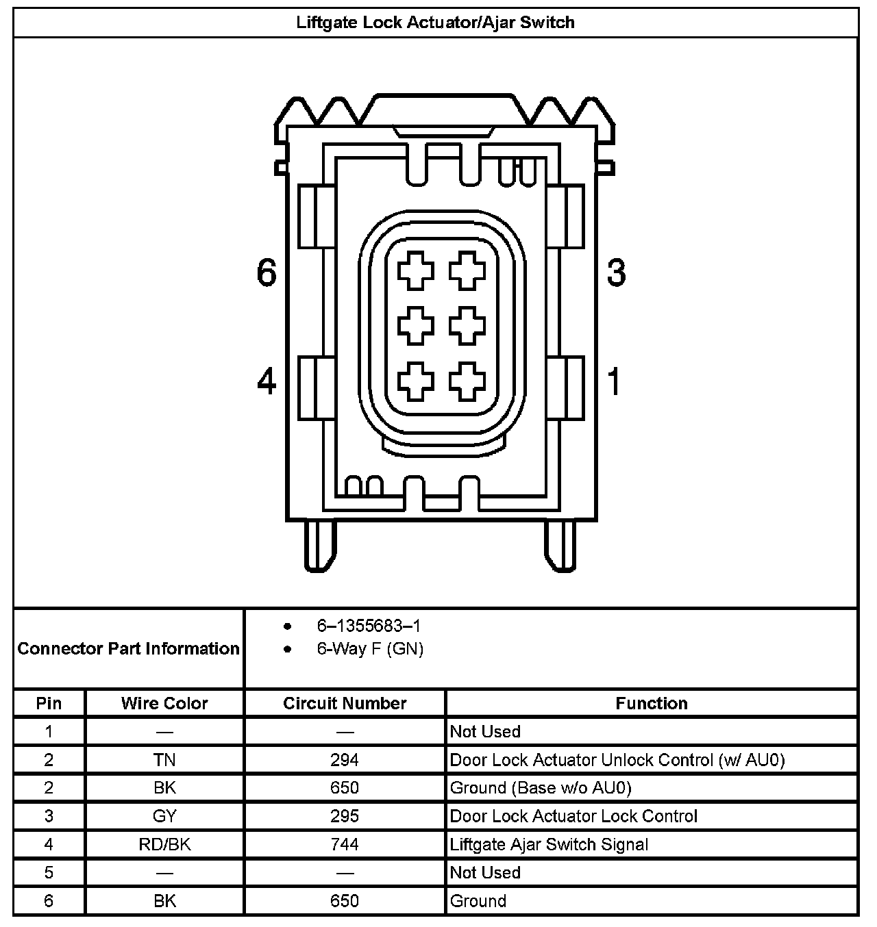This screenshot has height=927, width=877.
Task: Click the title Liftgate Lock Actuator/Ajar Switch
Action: (x=435, y=23)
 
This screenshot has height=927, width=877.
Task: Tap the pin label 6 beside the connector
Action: (x=267, y=272)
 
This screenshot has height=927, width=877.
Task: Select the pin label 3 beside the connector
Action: (x=616, y=272)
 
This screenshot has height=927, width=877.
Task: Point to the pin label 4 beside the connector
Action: (x=267, y=381)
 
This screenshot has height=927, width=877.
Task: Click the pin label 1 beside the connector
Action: (x=615, y=381)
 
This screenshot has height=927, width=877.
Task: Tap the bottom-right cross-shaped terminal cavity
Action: (x=467, y=381)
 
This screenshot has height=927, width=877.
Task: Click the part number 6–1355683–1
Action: (x=369, y=626)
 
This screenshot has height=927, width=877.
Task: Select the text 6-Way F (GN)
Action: (x=370, y=648)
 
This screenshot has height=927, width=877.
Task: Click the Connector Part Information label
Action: (x=129, y=648)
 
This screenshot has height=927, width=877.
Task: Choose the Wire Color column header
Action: (x=164, y=703)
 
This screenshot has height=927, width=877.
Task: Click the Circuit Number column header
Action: (x=345, y=703)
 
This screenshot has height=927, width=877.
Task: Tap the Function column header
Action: (x=651, y=703)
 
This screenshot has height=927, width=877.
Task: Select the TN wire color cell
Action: (x=164, y=760)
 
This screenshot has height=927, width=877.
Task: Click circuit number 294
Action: (x=345, y=760)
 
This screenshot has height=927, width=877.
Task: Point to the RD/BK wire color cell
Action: (x=164, y=844)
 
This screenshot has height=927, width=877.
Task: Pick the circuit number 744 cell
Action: (x=345, y=844)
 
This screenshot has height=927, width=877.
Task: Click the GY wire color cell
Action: (x=164, y=816)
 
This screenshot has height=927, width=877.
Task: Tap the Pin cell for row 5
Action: (x=49, y=872)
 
